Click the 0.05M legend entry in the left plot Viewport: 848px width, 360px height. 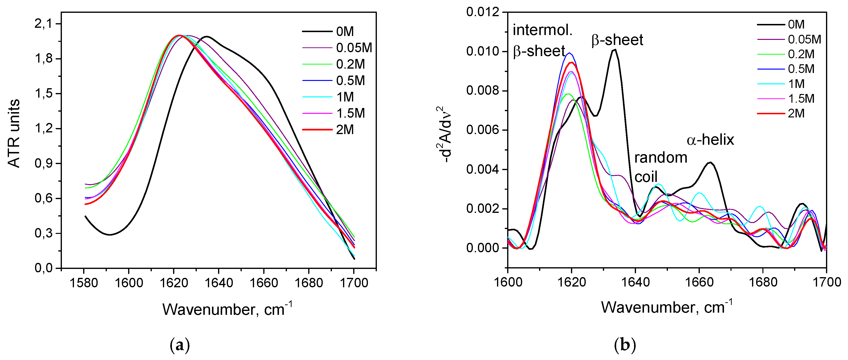[354, 48]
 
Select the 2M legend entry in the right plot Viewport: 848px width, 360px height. [796, 114]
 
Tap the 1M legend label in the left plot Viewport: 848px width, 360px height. [345, 97]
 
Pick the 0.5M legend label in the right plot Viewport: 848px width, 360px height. [801, 69]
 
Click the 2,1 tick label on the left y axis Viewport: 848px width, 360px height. [44, 24]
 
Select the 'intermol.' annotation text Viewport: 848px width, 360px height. [542, 30]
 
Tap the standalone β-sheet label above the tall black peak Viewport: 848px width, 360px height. [617, 40]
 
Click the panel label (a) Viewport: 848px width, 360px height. [180, 345]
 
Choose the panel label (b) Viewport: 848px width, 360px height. [625, 345]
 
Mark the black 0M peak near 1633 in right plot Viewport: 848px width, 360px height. [614, 50]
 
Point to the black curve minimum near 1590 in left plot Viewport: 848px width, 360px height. [110, 235]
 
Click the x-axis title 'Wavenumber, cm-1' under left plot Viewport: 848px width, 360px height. [227, 309]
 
